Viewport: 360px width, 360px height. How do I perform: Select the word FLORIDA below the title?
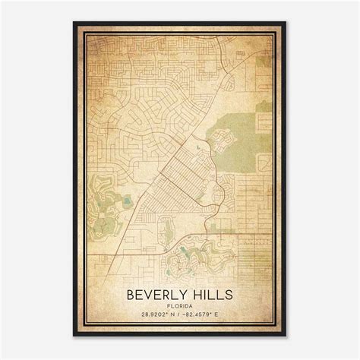pyautogui.click(x=180, y=308)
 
